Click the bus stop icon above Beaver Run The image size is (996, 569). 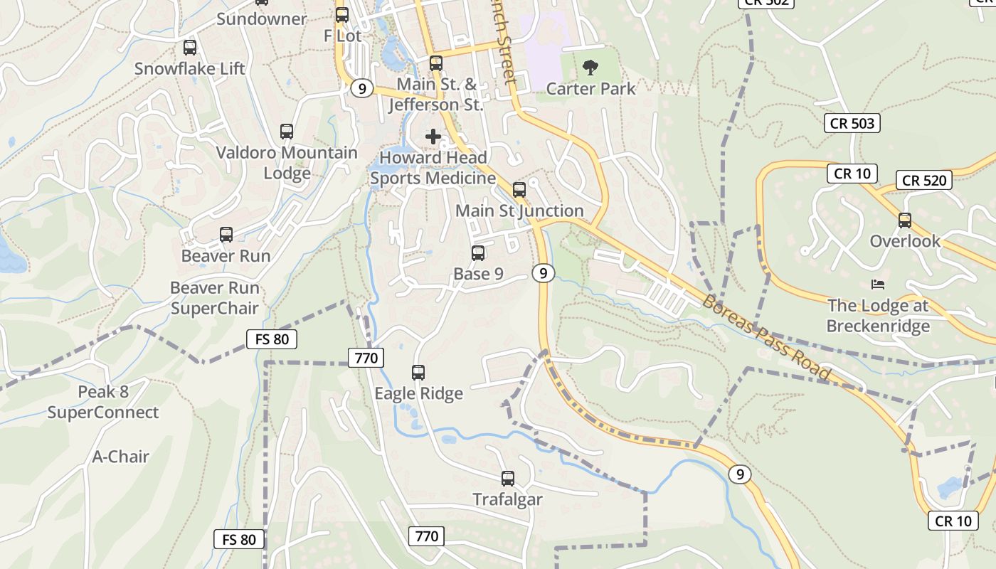click(226, 235)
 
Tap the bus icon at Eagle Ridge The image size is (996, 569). click(418, 372)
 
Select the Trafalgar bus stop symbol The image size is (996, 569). click(508, 479)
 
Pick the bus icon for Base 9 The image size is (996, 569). click(478, 253)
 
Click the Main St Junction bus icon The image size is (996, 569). click(519, 190)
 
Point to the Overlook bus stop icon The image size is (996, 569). click(905, 220)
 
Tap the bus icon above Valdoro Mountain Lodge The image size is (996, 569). click(287, 132)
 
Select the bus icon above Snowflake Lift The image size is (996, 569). click(190, 48)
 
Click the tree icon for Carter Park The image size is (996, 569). click(590, 68)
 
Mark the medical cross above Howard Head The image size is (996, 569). click(433, 137)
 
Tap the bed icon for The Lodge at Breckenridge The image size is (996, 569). click(878, 284)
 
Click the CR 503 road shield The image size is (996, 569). click(852, 123)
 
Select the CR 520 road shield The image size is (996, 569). click(924, 180)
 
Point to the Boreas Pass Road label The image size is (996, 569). click(766, 337)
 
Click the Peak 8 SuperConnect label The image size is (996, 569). click(103, 402)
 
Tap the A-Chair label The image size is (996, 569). click(120, 457)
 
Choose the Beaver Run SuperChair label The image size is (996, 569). click(215, 298)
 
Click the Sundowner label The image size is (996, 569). click(261, 19)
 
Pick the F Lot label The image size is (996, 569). click(342, 36)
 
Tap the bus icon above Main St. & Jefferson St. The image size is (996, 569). click(436, 63)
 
